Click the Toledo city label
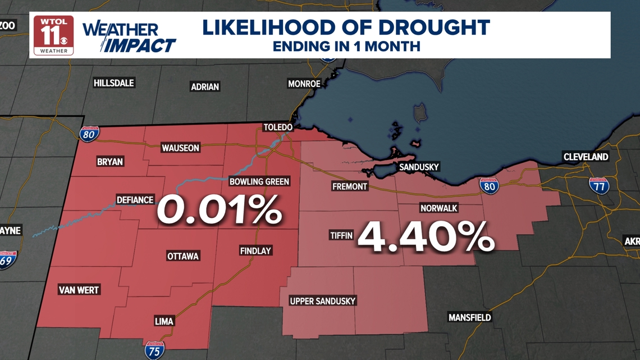pyautogui.click(x=278, y=127)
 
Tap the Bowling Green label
pyautogui.click(x=259, y=181)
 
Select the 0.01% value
pyautogui.click(x=219, y=209)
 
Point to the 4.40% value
pyautogui.click(x=426, y=236)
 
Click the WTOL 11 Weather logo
pyautogui.click(x=53, y=35)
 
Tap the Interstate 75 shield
pyautogui.click(x=154, y=350)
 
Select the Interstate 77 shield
pyautogui.click(x=599, y=185)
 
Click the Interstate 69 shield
pyautogui.click(x=7, y=259)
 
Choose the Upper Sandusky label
pyautogui.click(x=322, y=301)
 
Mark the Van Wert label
pyautogui.click(x=79, y=290)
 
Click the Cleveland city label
pyautogui.click(x=586, y=157)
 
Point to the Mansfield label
pyautogui.click(x=469, y=317)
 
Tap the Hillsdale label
pyautogui.click(x=113, y=83)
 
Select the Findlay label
pyautogui.click(x=255, y=250)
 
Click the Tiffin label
pyautogui.click(x=341, y=235)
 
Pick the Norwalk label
pyautogui.click(x=438, y=208)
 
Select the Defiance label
pyautogui.click(x=135, y=200)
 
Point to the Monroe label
pyautogui.click(x=304, y=84)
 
